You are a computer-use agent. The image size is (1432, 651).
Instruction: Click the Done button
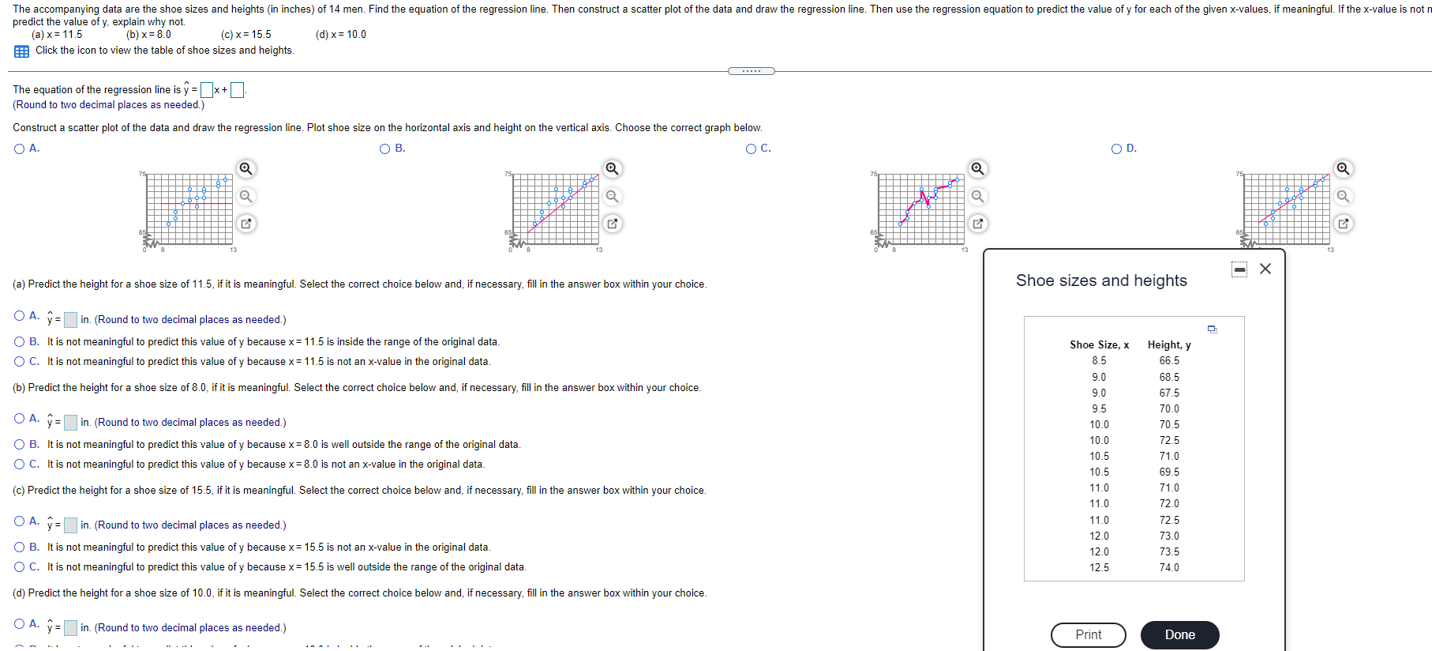pos(1179,634)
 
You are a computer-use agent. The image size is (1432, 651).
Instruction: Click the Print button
pos(1088,634)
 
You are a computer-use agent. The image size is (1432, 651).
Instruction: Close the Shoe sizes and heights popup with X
pos(1265,269)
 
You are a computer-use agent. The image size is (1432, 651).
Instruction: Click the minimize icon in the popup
pos(1239,269)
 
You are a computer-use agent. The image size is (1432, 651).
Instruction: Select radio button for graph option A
pos(19,149)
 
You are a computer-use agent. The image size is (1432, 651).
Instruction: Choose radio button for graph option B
pos(385,149)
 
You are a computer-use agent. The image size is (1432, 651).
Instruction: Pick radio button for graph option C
pos(752,149)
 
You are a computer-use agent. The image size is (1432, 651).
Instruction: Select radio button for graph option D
pos(1117,149)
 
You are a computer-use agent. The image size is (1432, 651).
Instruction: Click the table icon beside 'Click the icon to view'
pos(21,51)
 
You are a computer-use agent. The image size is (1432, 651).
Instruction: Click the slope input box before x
pos(207,90)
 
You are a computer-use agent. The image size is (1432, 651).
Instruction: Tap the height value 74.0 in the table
pos(1169,567)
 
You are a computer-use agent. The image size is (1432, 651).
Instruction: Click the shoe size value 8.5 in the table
pos(1099,360)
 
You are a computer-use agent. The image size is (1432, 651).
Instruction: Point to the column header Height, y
pos(1169,344)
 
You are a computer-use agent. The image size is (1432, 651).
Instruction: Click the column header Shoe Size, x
pos(1099,344)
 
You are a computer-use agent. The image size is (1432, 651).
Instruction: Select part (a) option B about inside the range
pos(19,341)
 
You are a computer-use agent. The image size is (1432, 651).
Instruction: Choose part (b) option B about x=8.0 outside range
pos(19,444)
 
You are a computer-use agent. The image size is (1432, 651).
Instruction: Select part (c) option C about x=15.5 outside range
pos(19,566)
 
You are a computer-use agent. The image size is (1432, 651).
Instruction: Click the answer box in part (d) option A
pos(70,628)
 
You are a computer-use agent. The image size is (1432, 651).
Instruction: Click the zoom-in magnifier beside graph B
pos(612,169)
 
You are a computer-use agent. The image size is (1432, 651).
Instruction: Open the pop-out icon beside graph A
pos(246,224)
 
